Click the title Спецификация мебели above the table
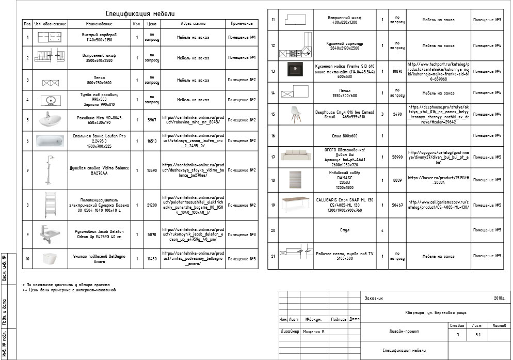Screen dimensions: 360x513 tap(140, 13)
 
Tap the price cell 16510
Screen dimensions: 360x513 tap(152, 140)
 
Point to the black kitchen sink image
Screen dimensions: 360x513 tap(298, 71)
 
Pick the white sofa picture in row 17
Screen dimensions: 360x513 tap(298, 156)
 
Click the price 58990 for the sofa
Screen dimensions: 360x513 tap(397, 156)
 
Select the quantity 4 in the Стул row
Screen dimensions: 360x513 tap(382, 230)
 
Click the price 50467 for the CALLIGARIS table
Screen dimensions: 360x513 tap(397, 205)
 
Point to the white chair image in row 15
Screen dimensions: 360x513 tap(298, 114)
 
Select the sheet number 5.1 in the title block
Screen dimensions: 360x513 tap(477, 335)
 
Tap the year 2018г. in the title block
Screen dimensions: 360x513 tap(499, 299)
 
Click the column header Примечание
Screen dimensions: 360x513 tap(242, 24)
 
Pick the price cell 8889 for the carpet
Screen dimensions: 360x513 tap(397, 180)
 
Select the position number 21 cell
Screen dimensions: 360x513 tap(273, 256)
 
